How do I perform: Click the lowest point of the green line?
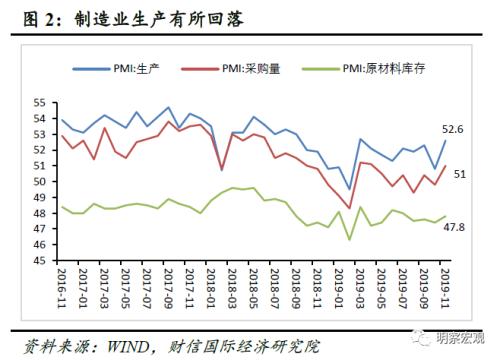(x=349, y=239)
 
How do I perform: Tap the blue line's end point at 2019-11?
(x=445, y=141)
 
